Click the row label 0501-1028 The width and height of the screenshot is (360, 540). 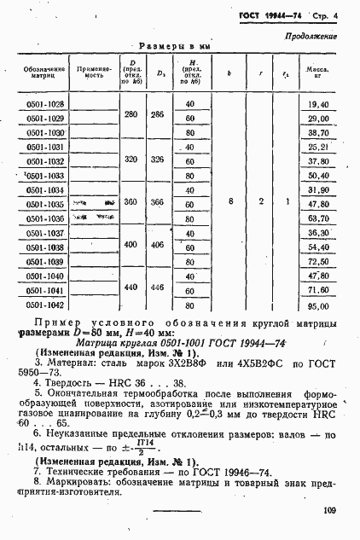[x=45, y=104]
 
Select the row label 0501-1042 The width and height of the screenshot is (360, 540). [x=45, y=305]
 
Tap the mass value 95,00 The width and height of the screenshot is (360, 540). [x=318, y=305]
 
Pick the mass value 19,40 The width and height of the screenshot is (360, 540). [x=318, y=104]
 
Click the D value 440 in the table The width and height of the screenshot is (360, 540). [x=131, y=287]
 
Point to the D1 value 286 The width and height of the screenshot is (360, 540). [x=157, y=114]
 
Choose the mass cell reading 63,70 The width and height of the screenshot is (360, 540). [x=318, y=218]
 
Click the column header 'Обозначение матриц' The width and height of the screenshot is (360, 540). [x=44, y=71]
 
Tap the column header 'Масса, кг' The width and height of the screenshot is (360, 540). [x=318, y=71]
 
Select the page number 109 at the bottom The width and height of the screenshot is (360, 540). [x=330, y=511]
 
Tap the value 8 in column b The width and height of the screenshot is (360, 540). [x=230, y=202]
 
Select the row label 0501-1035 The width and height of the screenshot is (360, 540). [x=45, y=205]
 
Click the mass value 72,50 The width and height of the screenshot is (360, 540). [x=318, y=262]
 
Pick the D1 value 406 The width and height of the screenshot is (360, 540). [x=157, y=245]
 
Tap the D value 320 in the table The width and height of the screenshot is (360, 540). [x=131, y=159]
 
